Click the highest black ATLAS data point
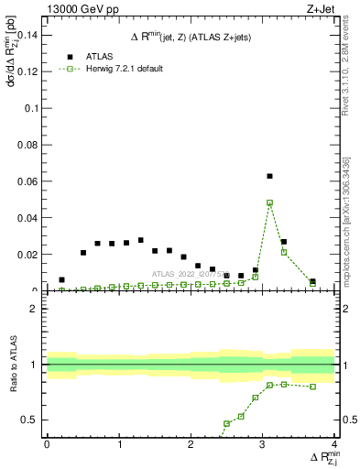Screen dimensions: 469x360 [269, 176]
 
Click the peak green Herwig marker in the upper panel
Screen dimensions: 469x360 [269, 202]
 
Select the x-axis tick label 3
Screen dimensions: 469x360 [263, 444]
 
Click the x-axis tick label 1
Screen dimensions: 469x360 [119, 444]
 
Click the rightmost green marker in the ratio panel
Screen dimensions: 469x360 [312, 387]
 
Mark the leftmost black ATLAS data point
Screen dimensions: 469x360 [61, 279]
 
